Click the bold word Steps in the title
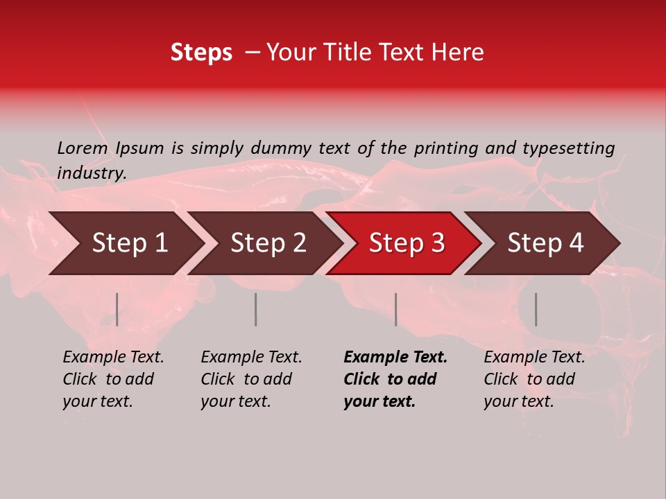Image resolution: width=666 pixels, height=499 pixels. [201, 53]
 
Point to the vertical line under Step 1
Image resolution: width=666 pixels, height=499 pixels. [117, 309]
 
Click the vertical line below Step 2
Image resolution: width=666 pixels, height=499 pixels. [256, 309]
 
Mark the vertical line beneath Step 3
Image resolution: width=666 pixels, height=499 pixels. [396, 309]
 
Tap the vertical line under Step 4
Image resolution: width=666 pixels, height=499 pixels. [536, 309]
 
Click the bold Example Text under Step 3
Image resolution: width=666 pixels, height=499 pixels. [395, 358]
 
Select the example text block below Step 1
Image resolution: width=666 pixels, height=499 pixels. [113, 379]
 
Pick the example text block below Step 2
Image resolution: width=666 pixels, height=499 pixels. [251, 379]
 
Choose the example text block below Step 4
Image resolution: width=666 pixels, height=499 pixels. [534, 379]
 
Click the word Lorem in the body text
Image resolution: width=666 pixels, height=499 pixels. [83, 148]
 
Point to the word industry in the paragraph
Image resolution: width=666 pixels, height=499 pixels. [90, 173]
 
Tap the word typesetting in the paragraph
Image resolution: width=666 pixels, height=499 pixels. [568, 148]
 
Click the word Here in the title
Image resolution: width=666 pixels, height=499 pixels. [460, 53]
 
